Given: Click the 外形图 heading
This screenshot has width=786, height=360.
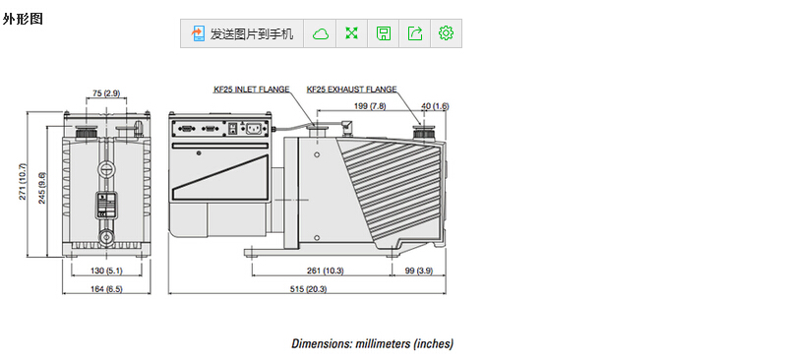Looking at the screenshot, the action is (23, 19).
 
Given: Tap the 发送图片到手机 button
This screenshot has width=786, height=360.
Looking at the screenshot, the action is (242, 33).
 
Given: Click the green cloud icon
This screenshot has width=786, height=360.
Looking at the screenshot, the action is (321, 33).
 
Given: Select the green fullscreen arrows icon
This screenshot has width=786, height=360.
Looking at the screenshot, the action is (352, 33).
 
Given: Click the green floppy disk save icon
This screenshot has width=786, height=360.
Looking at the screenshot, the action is (384, 33).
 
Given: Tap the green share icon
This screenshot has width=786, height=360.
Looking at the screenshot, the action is (415, 33).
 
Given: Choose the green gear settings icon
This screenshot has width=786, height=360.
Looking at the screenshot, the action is (446, 33).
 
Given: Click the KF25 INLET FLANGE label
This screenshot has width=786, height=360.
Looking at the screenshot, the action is (252, 90).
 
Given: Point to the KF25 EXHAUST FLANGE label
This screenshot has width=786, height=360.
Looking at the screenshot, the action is (351, 90).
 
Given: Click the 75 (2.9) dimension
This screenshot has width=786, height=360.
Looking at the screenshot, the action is (106, 93).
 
